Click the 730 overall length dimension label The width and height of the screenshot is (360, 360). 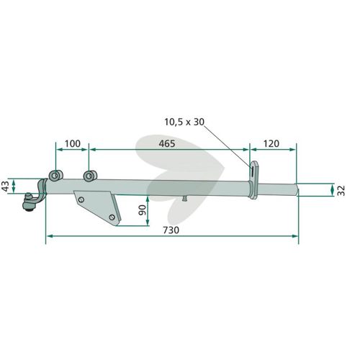pyautogui.click(x=171, y=230)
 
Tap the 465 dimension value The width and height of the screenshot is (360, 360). pyautogui.click(x=167, y=143)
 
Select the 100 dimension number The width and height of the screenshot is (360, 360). pyautogui.click(x=73, y=143)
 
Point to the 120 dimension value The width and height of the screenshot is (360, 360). pyautogui.click(x=271, y=143)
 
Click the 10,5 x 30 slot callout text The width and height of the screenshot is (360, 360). pyautogui.click(x=184, y=122)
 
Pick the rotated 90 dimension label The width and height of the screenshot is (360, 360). pyautogui.click(x=143, y=210)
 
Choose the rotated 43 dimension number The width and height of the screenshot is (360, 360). pyautogui.click(x=5, y=186)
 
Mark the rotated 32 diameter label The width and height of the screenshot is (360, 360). pyautogui.click(x=341, y=191)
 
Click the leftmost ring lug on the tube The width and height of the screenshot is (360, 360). pyautogui.click(x=55, y=176)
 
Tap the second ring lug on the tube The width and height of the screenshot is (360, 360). pyautogui.click(x=90, y=176)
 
